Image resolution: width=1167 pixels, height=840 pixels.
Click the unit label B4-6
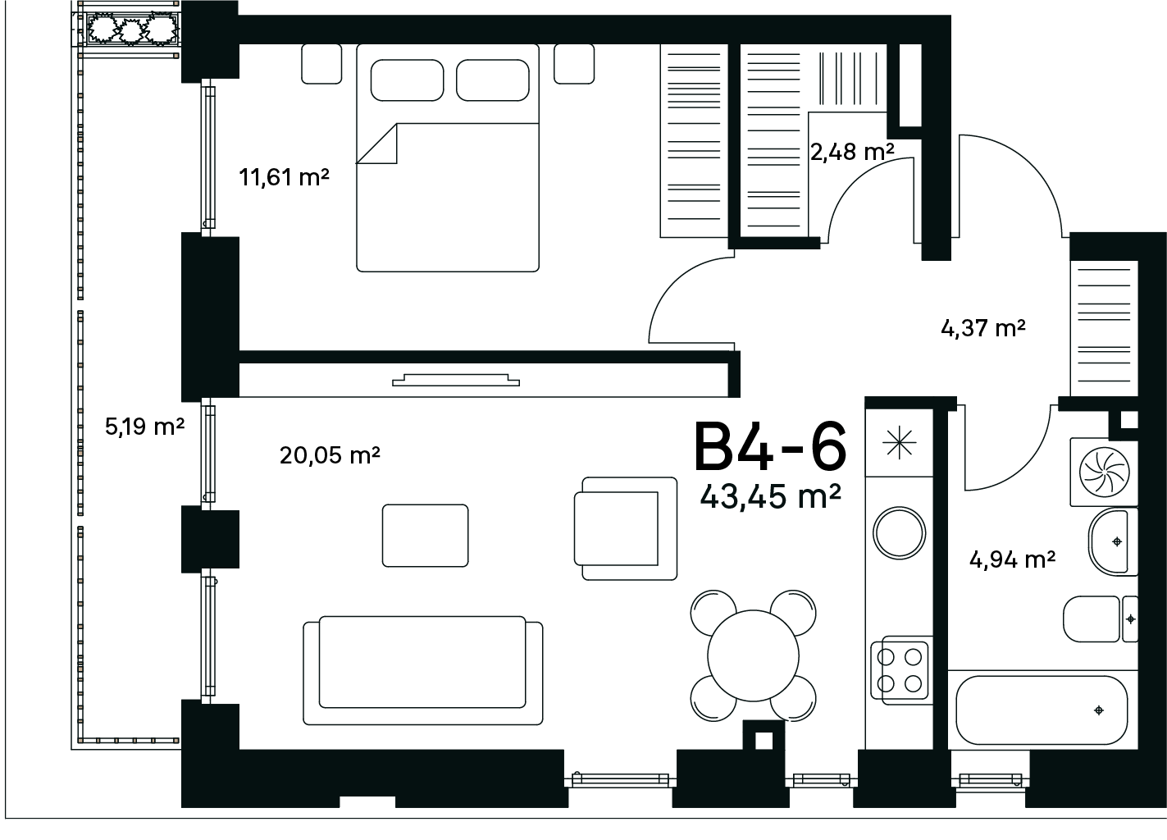[x=770, y=447]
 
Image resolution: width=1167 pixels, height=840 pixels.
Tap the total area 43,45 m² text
[x=770, y=496]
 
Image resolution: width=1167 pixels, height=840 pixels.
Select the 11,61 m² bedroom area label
[x=284, y=177]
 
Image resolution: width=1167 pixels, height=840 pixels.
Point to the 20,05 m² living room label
[x=329, y=455]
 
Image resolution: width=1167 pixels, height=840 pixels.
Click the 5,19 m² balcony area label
[x=145, y=427]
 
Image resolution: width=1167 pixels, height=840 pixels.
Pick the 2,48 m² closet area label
[x=852, y=152]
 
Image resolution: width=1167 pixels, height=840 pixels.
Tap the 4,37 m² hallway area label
[x=983, y=328]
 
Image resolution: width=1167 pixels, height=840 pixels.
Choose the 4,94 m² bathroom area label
[x=1012, y=559]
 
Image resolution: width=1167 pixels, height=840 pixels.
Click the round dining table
[x=753, y=656]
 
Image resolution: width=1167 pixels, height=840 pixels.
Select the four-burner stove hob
[x=900, y=669]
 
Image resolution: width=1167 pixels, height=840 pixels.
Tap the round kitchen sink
[x=899, y=533]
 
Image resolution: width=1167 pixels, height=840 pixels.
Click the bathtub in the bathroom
[x=1042, y=710]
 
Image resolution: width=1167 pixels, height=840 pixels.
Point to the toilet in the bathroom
[x=1100, y=619]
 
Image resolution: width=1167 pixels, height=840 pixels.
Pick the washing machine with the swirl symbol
[x=1104, y=472]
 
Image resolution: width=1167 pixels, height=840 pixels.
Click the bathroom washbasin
[x=1113, y=542]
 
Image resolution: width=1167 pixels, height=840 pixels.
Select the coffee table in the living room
[x=425, y=535]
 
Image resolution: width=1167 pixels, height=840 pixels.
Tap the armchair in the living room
[x=626, y=528]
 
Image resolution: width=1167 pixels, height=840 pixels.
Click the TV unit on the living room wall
[x=456, y=380]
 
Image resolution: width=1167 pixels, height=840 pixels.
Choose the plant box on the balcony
[x=133, y=30]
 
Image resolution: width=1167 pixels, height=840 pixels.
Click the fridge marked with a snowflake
[x=899, y=443]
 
